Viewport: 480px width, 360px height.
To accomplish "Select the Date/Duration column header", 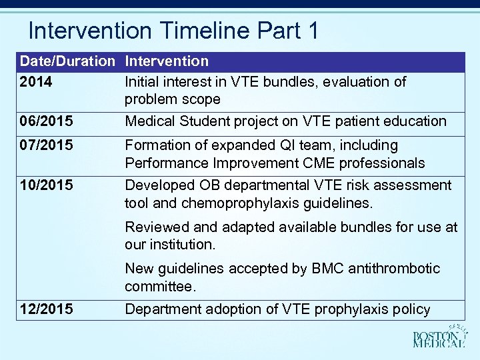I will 67,61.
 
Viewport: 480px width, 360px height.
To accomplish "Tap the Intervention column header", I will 167,61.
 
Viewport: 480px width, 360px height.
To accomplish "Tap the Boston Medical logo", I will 438,336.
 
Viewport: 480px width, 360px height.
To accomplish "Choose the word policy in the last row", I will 412,309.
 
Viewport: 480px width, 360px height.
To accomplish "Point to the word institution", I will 180,245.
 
